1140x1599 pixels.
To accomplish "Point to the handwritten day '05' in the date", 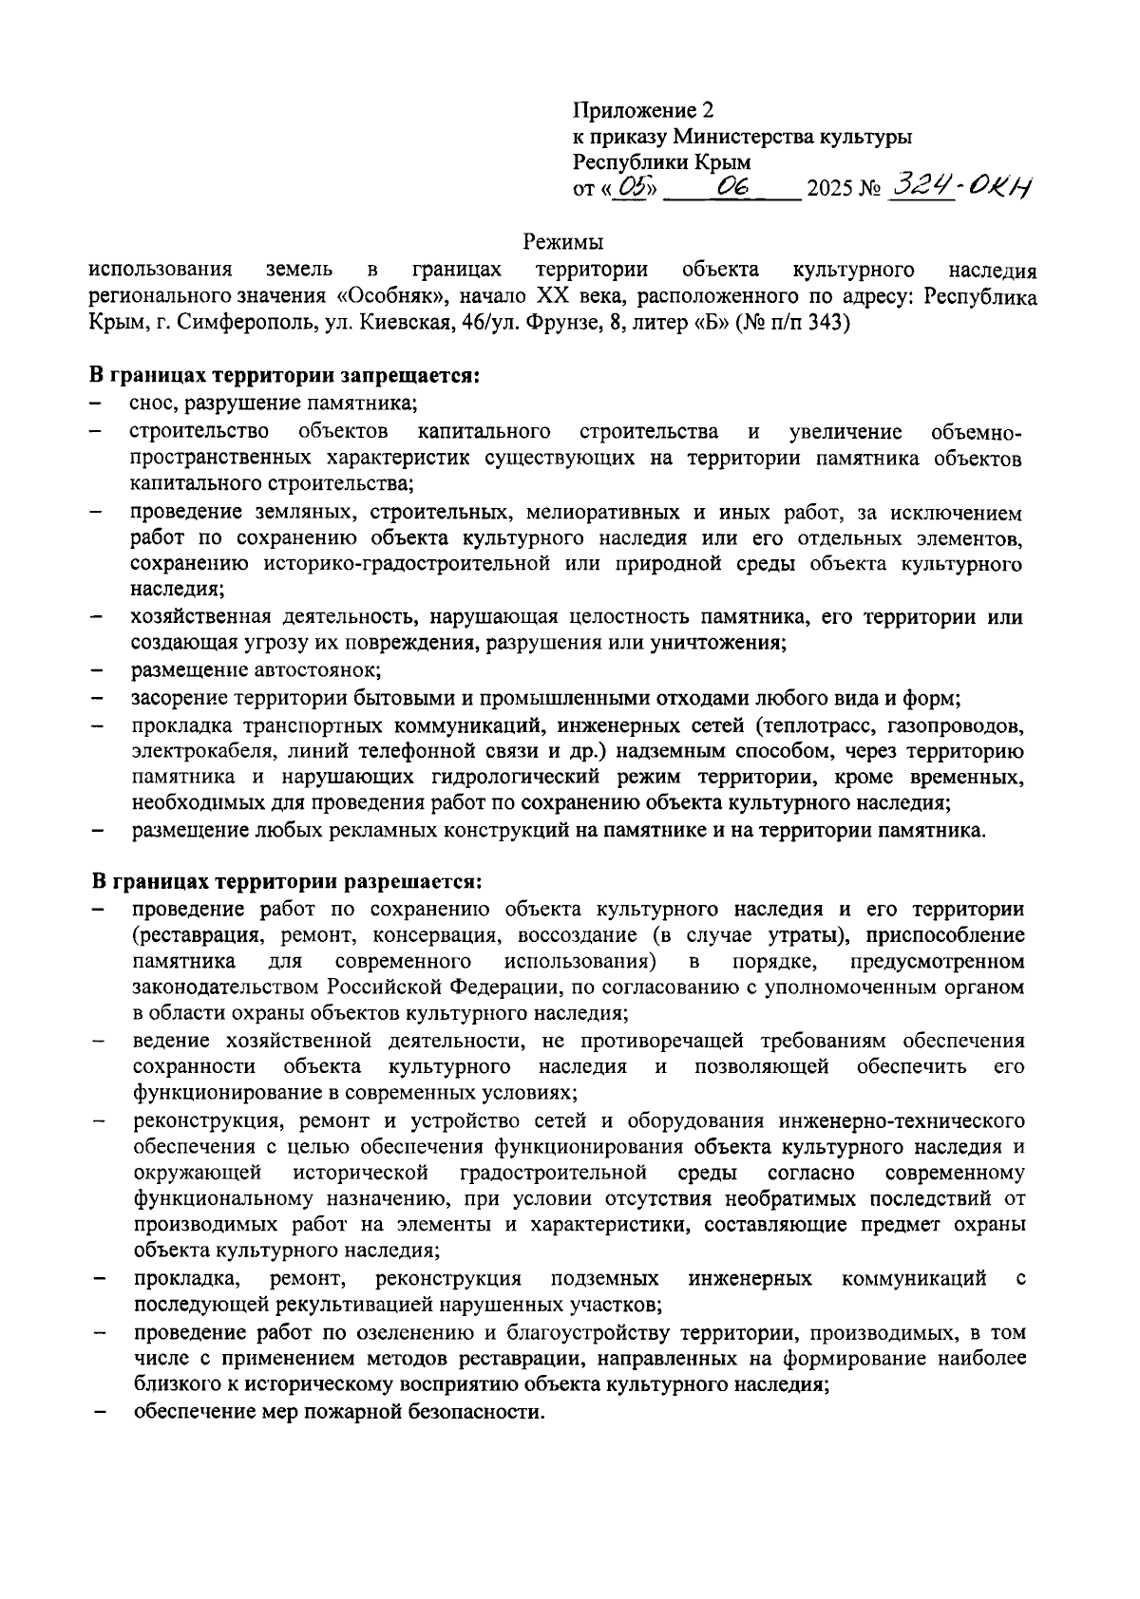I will coord(628,187).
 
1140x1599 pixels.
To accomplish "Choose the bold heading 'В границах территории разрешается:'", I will coord(288,882).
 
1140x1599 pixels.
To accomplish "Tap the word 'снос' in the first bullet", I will coord(154,404).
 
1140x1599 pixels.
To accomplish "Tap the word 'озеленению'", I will coord(409,1333).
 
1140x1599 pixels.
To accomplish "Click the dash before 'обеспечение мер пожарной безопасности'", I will coord(98,1412).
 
